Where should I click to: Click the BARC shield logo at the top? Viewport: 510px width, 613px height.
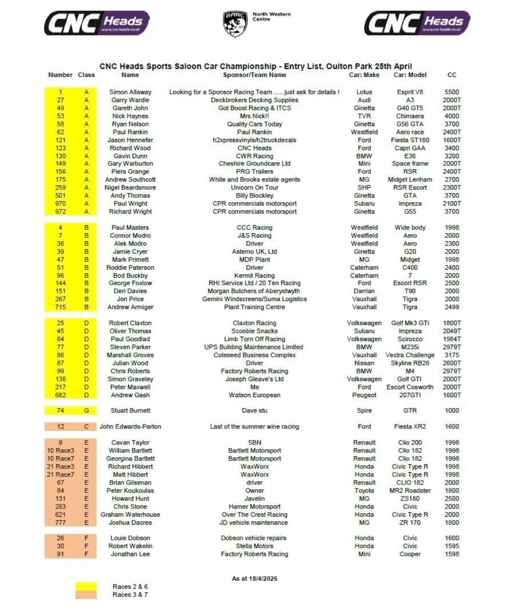pyautogui.click(x=235, y=24)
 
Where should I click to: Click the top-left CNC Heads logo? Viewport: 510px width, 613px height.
pyautogui.click(x=97, y=23)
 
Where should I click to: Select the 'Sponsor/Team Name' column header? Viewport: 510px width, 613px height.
pyautogui.click(x=255, y=75)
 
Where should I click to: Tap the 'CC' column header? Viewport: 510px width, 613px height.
pyautogui.click(x=452, y=75)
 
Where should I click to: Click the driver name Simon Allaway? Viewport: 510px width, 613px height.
pyautogui.click(x=130, y=92)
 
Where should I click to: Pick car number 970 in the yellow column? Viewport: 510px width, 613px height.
pyautogui.click(x=60, y=204)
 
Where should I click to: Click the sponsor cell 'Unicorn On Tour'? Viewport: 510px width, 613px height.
pyautogui.click(x=255, y=187)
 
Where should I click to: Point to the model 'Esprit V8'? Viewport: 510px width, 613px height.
pyautogui.click(x=410, y=92)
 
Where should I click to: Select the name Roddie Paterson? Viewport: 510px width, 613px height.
pyautogui.click(x=130, y=267)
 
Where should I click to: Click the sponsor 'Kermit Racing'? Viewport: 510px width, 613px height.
pyautogui.click(x=255, y=275)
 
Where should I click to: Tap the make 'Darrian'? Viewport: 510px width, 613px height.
pyautogui.click(x=364, y=291)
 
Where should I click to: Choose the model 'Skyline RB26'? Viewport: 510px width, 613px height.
pyautogui.click(x=410, y=363)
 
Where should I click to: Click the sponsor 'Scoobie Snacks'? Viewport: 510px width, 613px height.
pyautogui.click(x=255, y=331)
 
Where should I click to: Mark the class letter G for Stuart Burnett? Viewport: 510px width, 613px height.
pyautogui.click(x=86, y=410)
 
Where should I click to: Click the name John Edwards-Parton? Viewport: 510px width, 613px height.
pyautogui.click(x=130, y=426)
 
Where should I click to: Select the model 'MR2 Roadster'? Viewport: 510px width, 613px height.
pyautogui.click(x=410, y=490)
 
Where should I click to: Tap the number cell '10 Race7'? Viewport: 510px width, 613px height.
pyautogui.click(x=60, y=459)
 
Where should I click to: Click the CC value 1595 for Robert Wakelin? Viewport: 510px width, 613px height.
pyautogui.click(x=452, y=546)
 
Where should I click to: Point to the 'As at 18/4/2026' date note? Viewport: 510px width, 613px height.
pyautogui.click(x=255, y=579)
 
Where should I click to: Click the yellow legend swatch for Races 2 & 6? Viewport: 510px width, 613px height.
pyautogui.click(x=86, y=587)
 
